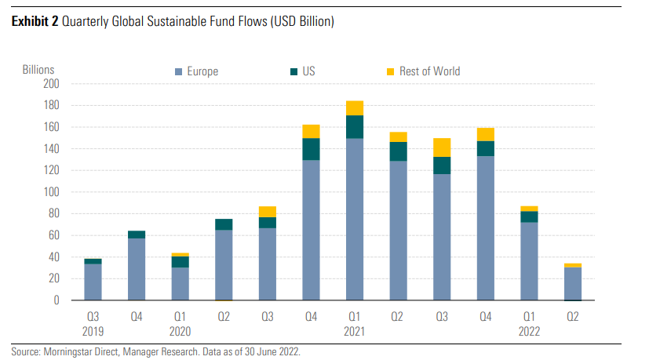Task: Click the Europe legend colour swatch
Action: click(178, 72)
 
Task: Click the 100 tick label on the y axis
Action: click(51, 192)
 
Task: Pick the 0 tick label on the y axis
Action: click(57, 300)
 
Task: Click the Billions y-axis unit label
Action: click(38, 71)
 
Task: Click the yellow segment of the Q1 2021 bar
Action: click(354, 108)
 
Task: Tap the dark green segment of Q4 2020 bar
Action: click(311, 149)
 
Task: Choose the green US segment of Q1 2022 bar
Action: click(529, 216)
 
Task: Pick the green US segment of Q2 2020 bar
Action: click(224, 224)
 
